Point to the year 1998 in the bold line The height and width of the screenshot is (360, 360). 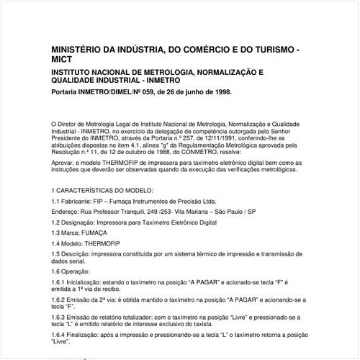(x=221, y=93)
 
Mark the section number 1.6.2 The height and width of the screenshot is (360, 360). (x=60, y=297)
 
